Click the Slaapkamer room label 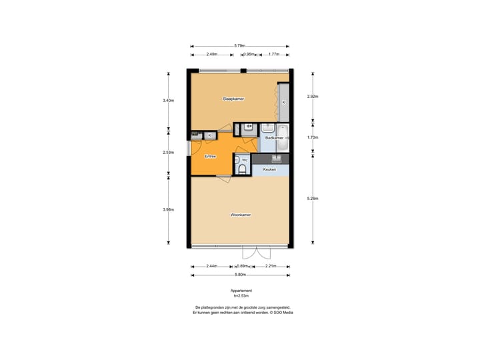click(x=233, y=99)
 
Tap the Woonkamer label click(x=240, y=215)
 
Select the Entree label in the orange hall click(x=209, y=156)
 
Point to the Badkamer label click(x=273, y=138)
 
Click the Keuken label click(x=269, y=169)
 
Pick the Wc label click(x=245, y=161)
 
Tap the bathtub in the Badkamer click(x=282, y=138)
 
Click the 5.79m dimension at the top click(x=239, y=45)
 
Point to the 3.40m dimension click(x=168, y=101)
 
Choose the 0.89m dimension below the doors click(x=248, y=266)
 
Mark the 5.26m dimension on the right click(x=313, y=199)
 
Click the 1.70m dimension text click(x=313, y=137)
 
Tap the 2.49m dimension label click(x=211, y=55)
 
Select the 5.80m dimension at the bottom click(x=240, y=275)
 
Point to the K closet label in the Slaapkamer click(x=283, y=102)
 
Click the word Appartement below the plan click(x=241, y=291)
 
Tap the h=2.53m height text click(x=241, y=296)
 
